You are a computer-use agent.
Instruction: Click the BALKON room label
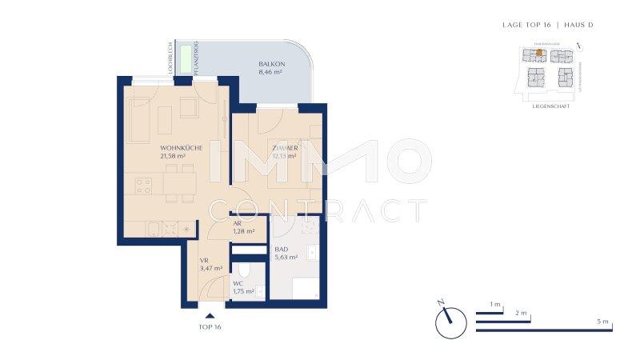click(270, 63)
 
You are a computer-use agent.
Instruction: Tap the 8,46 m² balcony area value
click(270, 72)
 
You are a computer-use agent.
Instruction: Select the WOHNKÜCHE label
click(181, 148)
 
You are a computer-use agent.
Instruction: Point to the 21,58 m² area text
click(173, 157)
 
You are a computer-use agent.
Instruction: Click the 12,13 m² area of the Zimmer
click(284, 157)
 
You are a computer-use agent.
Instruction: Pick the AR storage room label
click(237, 223)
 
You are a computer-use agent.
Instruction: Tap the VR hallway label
click(205, 260)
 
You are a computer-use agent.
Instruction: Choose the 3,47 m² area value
click(211, 269)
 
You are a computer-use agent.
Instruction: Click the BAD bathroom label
click(281, 249)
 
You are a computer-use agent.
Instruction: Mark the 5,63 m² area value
click(286, 258)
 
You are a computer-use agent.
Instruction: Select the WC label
click(238, 283)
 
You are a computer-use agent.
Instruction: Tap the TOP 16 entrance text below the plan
click(210, 328)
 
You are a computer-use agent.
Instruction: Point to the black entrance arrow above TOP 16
click(210, 317)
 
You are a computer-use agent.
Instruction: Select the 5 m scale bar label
click(603, 322)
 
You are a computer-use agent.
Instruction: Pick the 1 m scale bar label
click(495, 305)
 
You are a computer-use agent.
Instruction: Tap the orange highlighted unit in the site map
click(539, 54)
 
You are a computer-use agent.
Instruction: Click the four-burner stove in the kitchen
click(144, 187)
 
